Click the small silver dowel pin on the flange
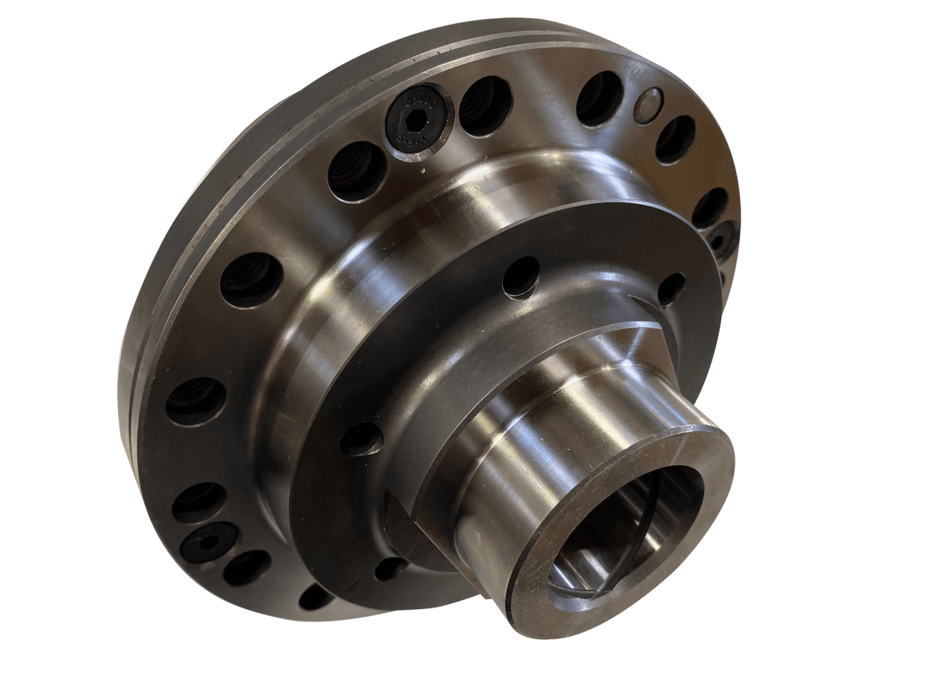coord(647,105)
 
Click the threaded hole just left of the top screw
coord(358,171)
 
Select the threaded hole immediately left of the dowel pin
coord(599,98)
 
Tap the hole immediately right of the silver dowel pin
coord(676,140)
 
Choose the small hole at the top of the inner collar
coord(521,276)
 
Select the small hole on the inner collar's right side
coord(671,288)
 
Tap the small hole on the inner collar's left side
coord(361,438)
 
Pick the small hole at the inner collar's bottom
coord(390,568)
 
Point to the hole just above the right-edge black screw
coord(709,208)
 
